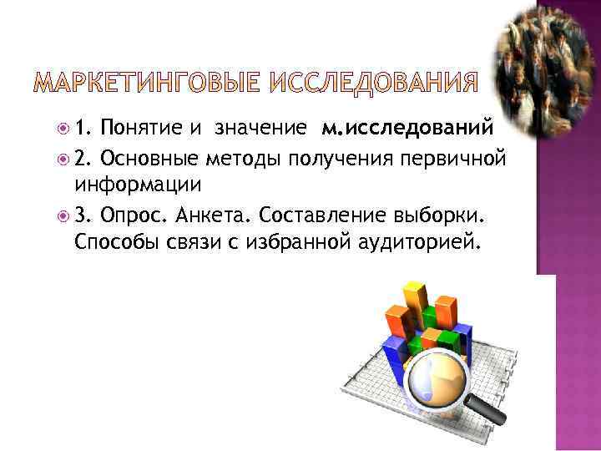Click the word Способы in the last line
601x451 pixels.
(113, 242)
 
